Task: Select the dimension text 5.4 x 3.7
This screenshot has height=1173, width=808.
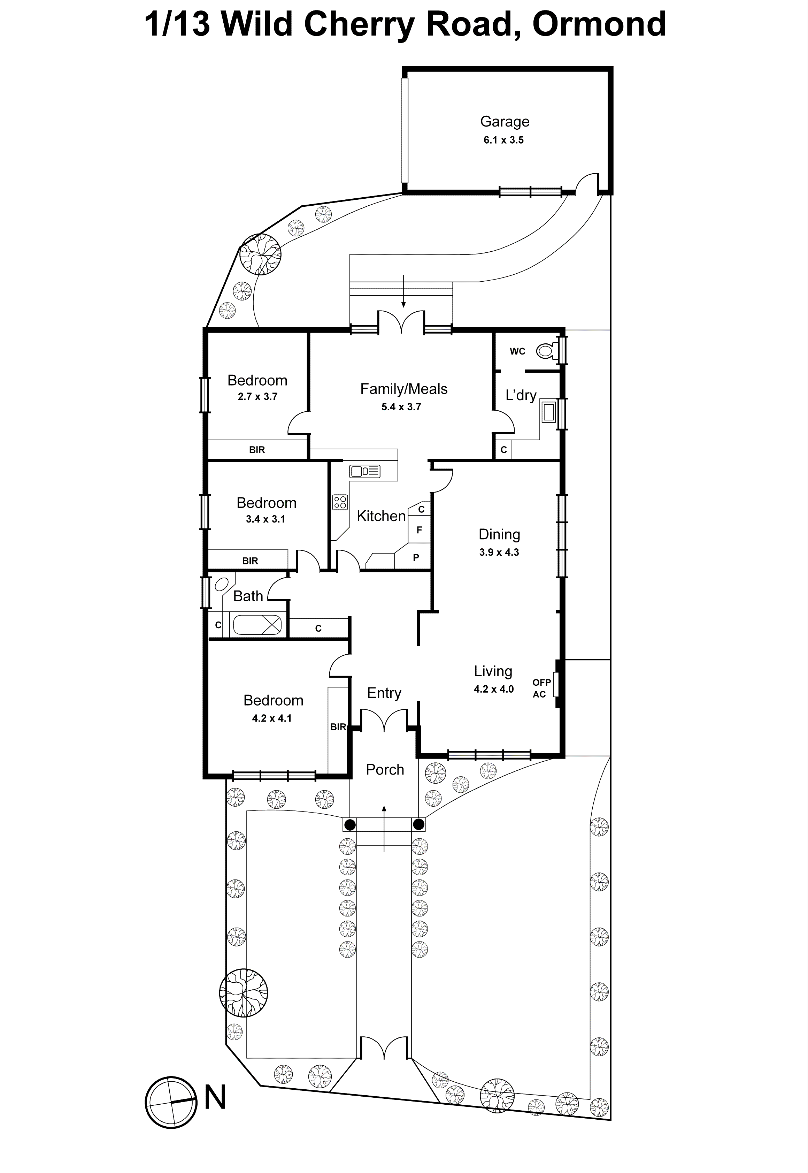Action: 401,407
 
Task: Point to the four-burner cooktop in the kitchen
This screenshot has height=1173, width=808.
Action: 340,502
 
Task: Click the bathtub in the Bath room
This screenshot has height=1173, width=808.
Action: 257,625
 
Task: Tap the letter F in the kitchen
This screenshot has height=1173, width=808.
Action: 419,530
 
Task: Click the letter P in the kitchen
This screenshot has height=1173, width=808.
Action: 416,558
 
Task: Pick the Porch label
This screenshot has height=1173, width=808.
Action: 385,769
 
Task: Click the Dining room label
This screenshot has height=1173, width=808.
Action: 499,534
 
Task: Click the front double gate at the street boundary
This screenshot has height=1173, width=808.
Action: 384,1048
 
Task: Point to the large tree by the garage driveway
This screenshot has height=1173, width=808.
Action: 260,254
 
